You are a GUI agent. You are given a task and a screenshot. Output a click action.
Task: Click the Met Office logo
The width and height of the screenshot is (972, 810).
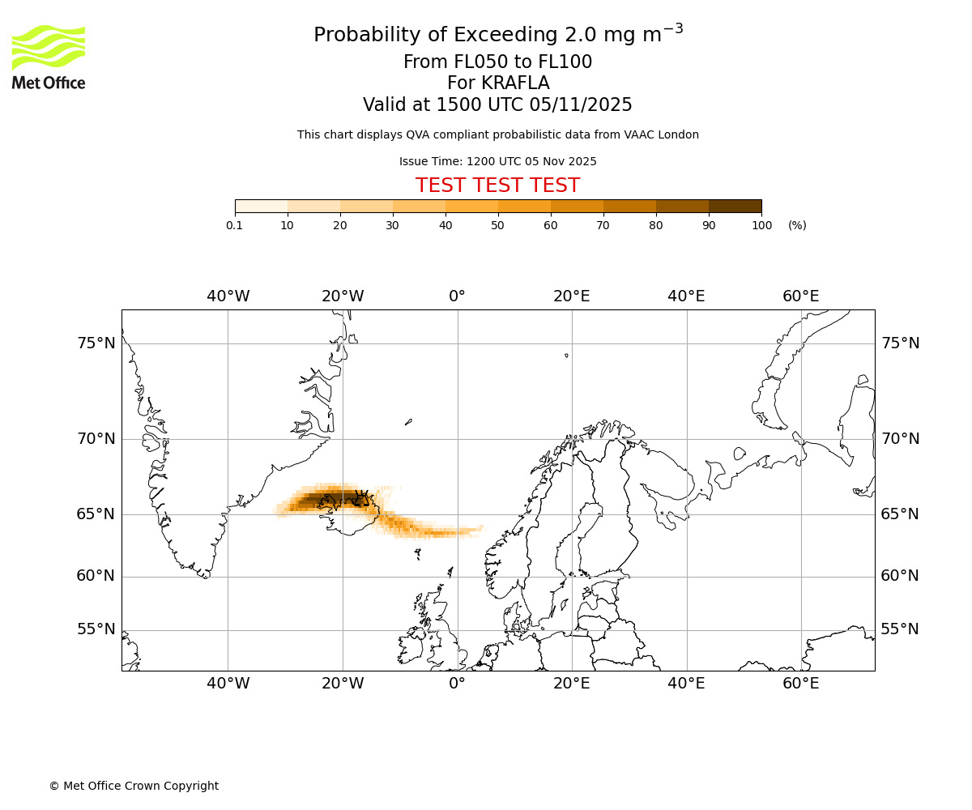click(x=49, y=57)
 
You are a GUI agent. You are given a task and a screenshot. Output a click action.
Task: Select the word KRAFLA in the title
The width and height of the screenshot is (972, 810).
click(x=514, y=83)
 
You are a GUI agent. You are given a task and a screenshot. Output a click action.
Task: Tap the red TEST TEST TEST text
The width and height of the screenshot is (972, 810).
click(x=497, y=185)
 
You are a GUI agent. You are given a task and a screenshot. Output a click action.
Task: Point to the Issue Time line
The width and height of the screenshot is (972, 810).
click(x=497, y=161)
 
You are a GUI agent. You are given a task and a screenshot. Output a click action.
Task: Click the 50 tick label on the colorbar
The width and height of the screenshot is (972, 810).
click(x=498, y=225)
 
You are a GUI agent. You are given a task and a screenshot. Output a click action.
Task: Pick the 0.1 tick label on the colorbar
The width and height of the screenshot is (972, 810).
click(x=234, y=225)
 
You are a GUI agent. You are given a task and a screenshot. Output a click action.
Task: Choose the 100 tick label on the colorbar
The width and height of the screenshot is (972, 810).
click(x=761, y=225)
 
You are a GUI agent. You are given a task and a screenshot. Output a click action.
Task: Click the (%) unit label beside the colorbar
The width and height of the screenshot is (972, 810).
click(x=797, y=225)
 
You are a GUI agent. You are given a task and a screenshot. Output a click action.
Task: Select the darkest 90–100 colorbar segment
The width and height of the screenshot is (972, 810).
click(x=735, y=206)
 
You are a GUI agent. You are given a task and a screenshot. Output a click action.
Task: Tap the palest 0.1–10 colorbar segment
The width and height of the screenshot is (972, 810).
click(x=262, y=206)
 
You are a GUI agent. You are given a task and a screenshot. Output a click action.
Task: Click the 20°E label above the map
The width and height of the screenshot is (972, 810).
click(x=572, y=296)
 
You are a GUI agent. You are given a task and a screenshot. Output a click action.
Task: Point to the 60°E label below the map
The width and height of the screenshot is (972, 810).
click(x=800, y=684)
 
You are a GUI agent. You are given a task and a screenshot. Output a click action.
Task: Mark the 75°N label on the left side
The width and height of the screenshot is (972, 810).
click(x=96, y=343)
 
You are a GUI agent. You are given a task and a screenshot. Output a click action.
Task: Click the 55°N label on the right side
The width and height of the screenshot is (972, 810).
click(x=900, y=629)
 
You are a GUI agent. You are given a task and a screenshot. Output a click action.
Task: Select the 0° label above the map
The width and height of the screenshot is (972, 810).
click(x=457, y=296)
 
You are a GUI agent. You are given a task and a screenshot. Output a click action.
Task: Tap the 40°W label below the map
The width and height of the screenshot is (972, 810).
click(x=228, y=684)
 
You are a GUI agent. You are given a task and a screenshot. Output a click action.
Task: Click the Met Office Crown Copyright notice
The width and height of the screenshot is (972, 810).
click(x=134, y=786)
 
